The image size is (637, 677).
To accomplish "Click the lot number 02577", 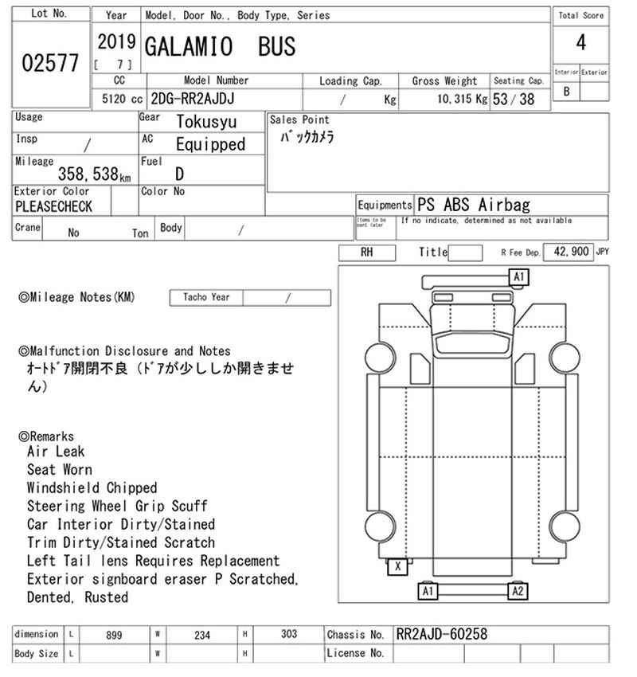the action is [x=50, y=63].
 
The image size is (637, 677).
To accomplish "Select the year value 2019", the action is [x=116, y=42].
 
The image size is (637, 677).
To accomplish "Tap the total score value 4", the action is [x=581, y=42].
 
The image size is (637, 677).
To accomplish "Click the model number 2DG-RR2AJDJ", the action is [x=193, y=99].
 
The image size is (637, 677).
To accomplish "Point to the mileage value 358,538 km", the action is [x=94, y=174].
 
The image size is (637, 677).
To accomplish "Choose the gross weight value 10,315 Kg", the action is [x=462, y=99].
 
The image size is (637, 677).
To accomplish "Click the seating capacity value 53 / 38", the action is [x=514, y=100].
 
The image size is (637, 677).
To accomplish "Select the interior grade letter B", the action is [x=567, y=92].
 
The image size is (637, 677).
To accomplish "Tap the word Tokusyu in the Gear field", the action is [x=206, y=122].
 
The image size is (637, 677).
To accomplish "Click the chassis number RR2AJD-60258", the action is [x=441, y=634].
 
